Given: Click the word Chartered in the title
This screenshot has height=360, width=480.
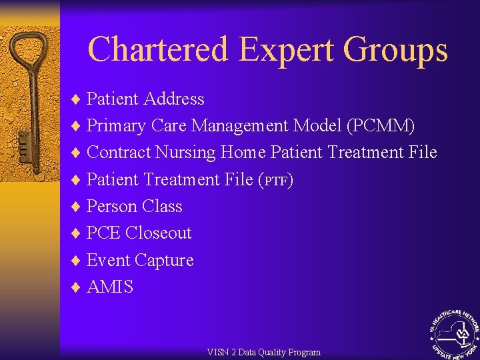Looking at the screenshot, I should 158,50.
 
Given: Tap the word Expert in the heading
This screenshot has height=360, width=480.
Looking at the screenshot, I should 287,50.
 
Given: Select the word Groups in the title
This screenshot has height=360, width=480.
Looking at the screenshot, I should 395,50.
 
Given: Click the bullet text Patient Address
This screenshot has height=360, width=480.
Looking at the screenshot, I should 145,99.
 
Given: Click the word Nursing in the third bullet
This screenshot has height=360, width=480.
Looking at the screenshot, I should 186,153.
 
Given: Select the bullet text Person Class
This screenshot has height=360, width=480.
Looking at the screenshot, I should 134,207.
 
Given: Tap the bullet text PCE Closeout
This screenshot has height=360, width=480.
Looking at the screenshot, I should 139,233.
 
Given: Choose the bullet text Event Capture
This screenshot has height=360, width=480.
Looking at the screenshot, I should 140,260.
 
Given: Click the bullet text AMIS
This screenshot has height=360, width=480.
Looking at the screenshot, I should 110,287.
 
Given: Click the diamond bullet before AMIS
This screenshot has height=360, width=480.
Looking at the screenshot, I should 75,287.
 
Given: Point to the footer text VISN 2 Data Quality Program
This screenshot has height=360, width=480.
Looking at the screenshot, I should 263,352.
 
